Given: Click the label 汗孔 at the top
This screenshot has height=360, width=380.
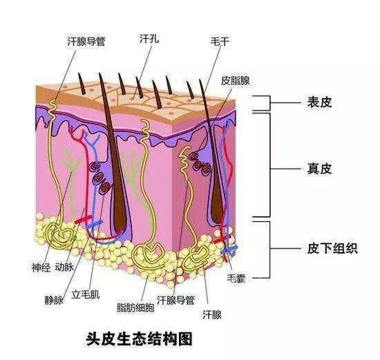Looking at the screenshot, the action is coord(149,38).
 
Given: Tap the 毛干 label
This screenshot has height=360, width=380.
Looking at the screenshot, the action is coord(220,41).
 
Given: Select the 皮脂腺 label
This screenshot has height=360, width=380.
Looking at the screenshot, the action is coord(235,80).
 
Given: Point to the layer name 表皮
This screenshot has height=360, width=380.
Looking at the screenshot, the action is coord(319,102).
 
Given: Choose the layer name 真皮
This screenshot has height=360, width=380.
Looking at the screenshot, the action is coord(319,169).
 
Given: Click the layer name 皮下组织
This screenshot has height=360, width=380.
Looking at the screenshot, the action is coord(332,248).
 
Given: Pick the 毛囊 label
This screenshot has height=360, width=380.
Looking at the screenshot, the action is coord(236,278).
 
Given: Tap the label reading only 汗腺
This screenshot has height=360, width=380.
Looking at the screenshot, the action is coord(212,315).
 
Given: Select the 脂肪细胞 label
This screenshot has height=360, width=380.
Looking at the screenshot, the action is coord(135,307).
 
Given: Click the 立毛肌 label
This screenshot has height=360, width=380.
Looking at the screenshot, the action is coord(85,294).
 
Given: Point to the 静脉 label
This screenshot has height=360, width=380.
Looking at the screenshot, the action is coord(54,300).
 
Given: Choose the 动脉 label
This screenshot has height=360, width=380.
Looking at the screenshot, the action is coord(64,267).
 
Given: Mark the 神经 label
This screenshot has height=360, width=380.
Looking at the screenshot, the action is coord(41,267).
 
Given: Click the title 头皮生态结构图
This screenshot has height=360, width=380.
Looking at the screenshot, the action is coord(140,339).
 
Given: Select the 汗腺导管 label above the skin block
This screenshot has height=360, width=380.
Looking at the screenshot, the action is coord(86,41).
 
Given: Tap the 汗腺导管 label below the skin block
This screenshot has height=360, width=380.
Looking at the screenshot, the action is coord(175,300).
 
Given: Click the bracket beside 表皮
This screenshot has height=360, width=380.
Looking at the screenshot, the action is coord(269,103).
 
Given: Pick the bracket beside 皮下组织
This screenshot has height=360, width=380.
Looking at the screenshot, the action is coord(269,249).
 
